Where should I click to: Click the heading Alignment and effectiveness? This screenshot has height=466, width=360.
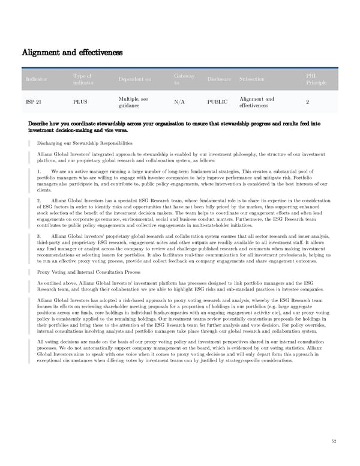72,52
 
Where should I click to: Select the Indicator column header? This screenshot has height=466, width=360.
36,79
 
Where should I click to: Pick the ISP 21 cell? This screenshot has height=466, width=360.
34,102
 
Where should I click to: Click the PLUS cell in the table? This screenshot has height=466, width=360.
80,102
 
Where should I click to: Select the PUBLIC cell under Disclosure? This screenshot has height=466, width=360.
217,102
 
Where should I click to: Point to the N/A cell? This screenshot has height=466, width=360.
179,102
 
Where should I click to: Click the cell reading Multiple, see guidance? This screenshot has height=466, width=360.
134,102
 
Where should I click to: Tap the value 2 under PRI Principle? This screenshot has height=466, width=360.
307,102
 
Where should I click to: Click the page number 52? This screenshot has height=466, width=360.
334,442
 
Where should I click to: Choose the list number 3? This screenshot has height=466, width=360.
38,236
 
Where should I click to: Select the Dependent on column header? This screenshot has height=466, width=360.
135,79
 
